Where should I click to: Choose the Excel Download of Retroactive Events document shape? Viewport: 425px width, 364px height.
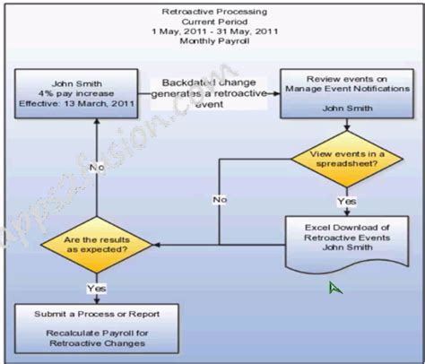338,238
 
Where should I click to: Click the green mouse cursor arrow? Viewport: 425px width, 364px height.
334,288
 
